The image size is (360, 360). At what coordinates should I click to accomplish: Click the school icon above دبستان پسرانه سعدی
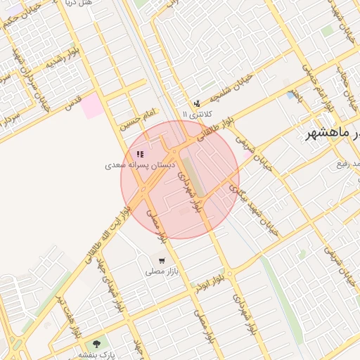pyautogui.click(x=140, y=154)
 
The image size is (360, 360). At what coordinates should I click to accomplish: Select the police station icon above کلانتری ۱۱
pyautogui.click(x=196, y=104)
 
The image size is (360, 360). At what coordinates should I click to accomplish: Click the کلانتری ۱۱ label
pyautogui.click(x=196, y=114)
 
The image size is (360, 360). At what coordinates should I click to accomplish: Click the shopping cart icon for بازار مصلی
pyautogui.click(x=162, y=261)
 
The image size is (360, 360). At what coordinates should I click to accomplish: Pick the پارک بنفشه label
pyautogui.click(x=96, y=354)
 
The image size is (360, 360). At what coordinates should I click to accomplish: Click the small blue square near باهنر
pyautogui.click(x=290, y=96)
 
